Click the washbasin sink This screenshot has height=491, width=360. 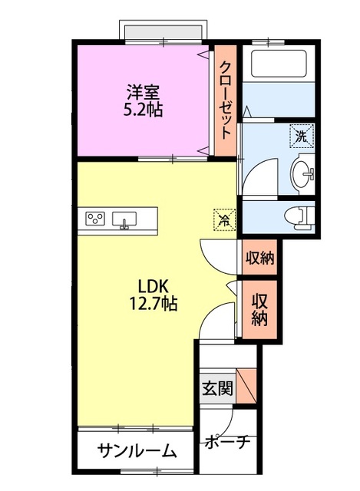306,172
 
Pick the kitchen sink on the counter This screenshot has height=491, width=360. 124,220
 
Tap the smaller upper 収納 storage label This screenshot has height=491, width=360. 259,259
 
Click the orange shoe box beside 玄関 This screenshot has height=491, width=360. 246,386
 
